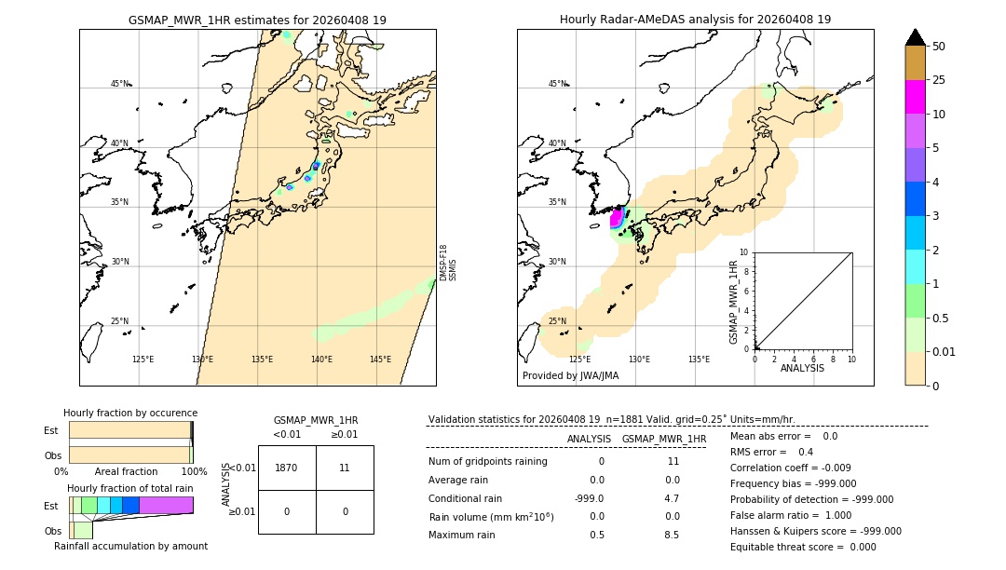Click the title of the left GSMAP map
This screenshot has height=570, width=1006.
pyautogui.click(x=257, y=20)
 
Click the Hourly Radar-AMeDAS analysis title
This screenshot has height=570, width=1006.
pyautogui.click(x=695, y=20)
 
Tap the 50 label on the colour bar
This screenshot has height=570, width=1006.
pyautogui.click(x=939, y=47)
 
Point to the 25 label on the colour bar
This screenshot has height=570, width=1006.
pyautogui.click(x=939, y=80)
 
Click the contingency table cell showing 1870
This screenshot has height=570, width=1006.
pyautogui.click(x=287, y=468)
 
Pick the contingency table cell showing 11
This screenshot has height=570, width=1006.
pyautogui.click(x=345, y=468)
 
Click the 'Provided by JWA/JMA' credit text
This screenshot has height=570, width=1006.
pyautogui.click(x=570, y=376)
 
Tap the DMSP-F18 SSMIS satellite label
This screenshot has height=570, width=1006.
pyautogui.click(x=448, y=263)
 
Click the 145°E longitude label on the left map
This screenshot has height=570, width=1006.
pyautogui.click(x=380, y=360)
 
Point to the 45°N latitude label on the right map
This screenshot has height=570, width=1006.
pyautogui.click(x=557, y=84)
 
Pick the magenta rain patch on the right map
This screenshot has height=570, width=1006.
pyautogui.click(x=616, y=219)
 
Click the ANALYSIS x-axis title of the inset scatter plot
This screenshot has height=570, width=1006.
pyautogui.click(x=803, y=368)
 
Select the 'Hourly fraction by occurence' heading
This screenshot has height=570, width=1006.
pyautogui.click(x=130, y=413)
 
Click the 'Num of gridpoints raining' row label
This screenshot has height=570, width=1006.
pyautogui.click(x=488, y=462)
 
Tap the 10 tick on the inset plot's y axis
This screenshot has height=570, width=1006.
pyautogui.click(x=744, y=252)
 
